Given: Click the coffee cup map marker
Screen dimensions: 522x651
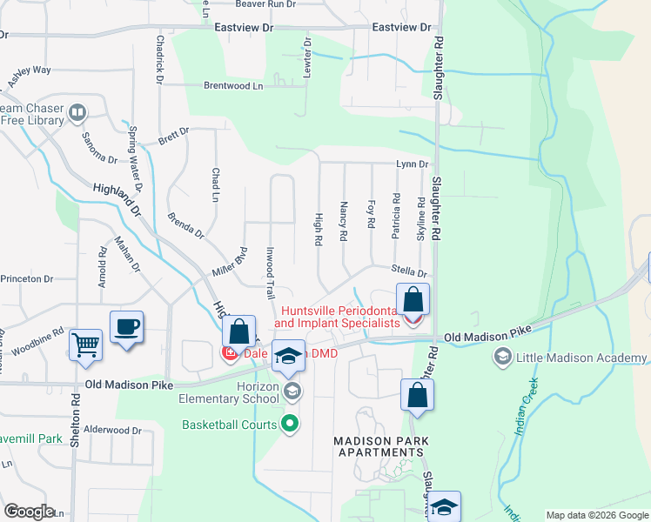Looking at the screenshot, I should pyautogui.click(x=126, y=327).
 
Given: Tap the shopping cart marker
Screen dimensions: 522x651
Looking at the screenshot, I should pyautogui.click(x=85, y=344).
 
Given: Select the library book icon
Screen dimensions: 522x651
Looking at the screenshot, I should pyautogui.click(x=77, y=112).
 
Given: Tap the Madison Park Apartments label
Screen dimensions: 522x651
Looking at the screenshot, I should pyautogui.click(x=382, y=447).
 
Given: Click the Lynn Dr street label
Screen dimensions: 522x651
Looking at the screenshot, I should pyautogui.click(x=412, y=164).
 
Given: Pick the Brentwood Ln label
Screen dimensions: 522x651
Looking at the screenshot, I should pyautogui.click(x=233, y=86).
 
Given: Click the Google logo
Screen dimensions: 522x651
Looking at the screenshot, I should pyautogui.click(x=30, y=511).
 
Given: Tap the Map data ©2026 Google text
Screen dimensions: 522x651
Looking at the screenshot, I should pyautogui.click(x=596, y=515).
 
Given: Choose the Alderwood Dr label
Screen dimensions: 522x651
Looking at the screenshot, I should pyautogui.click(x=113, y=430).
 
